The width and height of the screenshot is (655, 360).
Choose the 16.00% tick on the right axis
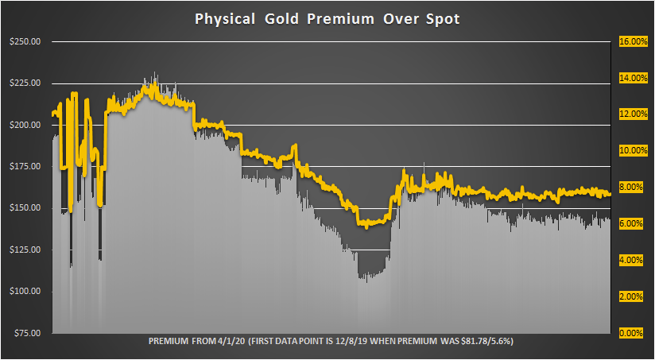tap(634, 42)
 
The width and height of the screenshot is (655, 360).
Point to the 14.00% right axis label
tap(634, 78)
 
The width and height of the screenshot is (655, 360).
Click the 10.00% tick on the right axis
tap(634, 151)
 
